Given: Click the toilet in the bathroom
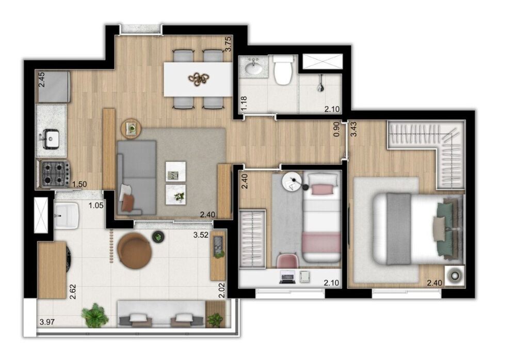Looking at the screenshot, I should coord(283,71).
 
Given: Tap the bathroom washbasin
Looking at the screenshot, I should coord(253,68).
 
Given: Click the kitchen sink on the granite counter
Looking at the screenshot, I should coord(51,138).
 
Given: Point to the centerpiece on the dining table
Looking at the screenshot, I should coord(199,79).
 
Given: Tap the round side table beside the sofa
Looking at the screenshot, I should coord(130,128).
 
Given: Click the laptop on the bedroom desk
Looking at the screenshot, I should coord(287,277).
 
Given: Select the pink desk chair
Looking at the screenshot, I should coord(286,260).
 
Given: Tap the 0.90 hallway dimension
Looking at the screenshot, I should coord(337,129).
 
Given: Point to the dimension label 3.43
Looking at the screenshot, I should coord(354,128).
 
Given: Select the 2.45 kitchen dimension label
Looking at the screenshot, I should coord(42,81).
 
